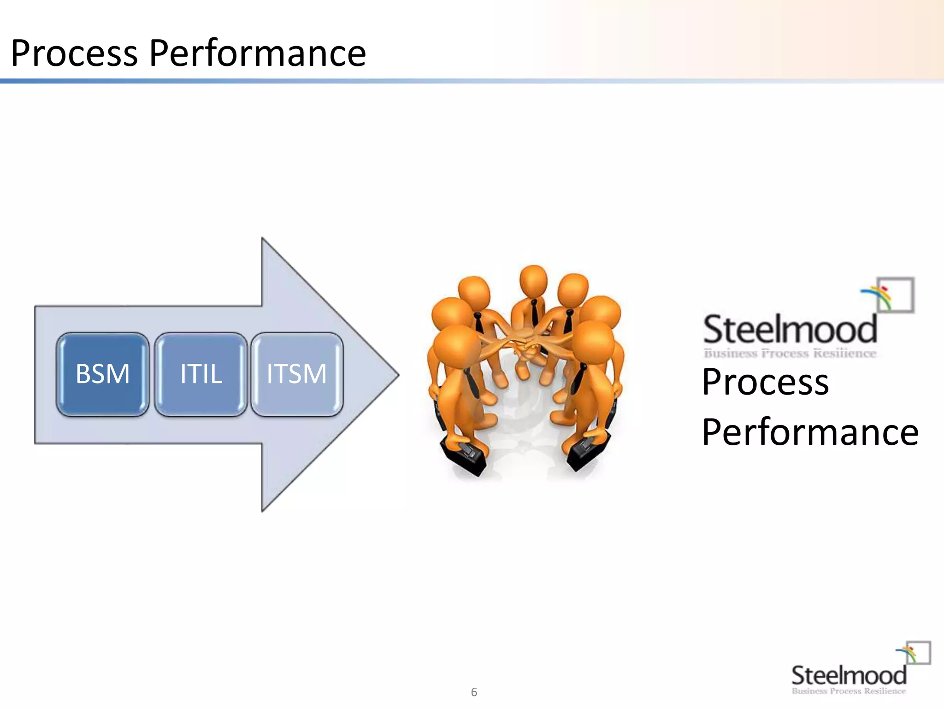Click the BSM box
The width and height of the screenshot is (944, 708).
[x=102, y=374]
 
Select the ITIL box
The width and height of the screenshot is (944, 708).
[x=201, y=374]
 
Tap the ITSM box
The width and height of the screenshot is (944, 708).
[x=297, y=374]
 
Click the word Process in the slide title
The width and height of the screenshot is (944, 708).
[x=74, y=53]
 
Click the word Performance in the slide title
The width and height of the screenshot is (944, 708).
[x=257, y=53]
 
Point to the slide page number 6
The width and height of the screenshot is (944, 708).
[x=474, y=692]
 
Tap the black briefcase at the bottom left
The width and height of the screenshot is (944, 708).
[x=464, y=454]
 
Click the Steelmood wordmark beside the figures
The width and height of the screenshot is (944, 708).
[x=790, y=329]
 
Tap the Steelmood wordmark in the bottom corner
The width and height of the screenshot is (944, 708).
[x=849, y=675]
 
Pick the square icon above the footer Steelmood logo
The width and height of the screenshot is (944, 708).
[x=918, y=653]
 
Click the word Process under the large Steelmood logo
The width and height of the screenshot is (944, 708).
[x=765, y=382]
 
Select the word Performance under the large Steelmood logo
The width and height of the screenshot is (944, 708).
[x=810, y=432]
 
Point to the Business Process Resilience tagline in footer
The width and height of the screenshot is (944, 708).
[x=849, y=691]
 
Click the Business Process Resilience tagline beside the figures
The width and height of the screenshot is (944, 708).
[x=790, y=354]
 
